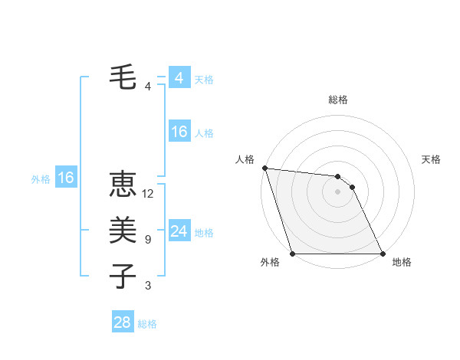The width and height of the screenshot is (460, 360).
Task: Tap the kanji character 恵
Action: click(x=123, y=185)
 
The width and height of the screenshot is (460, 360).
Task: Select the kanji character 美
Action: click(x=123, y=230)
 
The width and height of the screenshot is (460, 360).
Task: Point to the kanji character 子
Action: click(x=123, y=275)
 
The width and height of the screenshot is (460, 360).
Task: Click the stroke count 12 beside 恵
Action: click(x=148, y=194)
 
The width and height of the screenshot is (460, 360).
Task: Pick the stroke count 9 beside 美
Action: click(x=148, y=240)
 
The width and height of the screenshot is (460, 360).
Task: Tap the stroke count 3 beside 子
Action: click(x=148, y=286)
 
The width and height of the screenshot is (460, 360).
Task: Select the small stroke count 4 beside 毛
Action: click(x=148, y=86)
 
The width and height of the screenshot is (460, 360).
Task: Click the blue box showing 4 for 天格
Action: click(x=179, y=78)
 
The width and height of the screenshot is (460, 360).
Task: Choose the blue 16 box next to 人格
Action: click(x=179, y=132)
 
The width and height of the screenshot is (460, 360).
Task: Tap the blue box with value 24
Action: click(x=179, y=231)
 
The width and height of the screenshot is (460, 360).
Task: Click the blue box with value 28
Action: click(x=122, y=322)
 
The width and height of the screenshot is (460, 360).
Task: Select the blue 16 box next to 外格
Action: click(x=65, y=178)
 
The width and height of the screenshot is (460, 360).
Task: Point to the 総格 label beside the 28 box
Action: click(x=147, y=324)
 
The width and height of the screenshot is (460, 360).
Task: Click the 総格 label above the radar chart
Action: click(x=338, y=100)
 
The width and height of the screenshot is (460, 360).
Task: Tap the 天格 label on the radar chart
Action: click(x=432, y=159)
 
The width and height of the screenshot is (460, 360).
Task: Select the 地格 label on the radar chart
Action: click(x=402, y=262)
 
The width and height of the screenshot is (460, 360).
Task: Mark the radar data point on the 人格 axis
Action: click(x=264, y=168)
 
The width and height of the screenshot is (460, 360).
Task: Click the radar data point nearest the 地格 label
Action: click(x=383, y=254)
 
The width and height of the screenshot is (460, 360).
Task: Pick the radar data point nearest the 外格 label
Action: click(x=293, y=254)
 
